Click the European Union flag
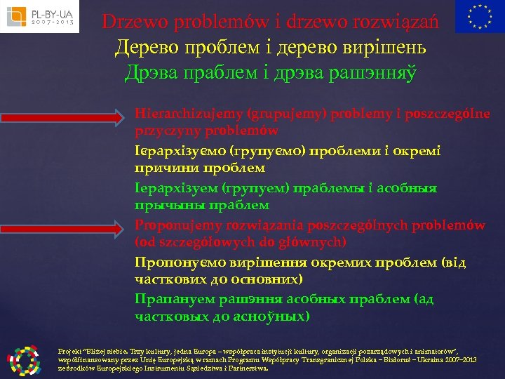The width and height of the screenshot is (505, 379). (x=479, y=17)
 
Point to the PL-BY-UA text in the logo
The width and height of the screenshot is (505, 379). (x=48, y=12)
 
